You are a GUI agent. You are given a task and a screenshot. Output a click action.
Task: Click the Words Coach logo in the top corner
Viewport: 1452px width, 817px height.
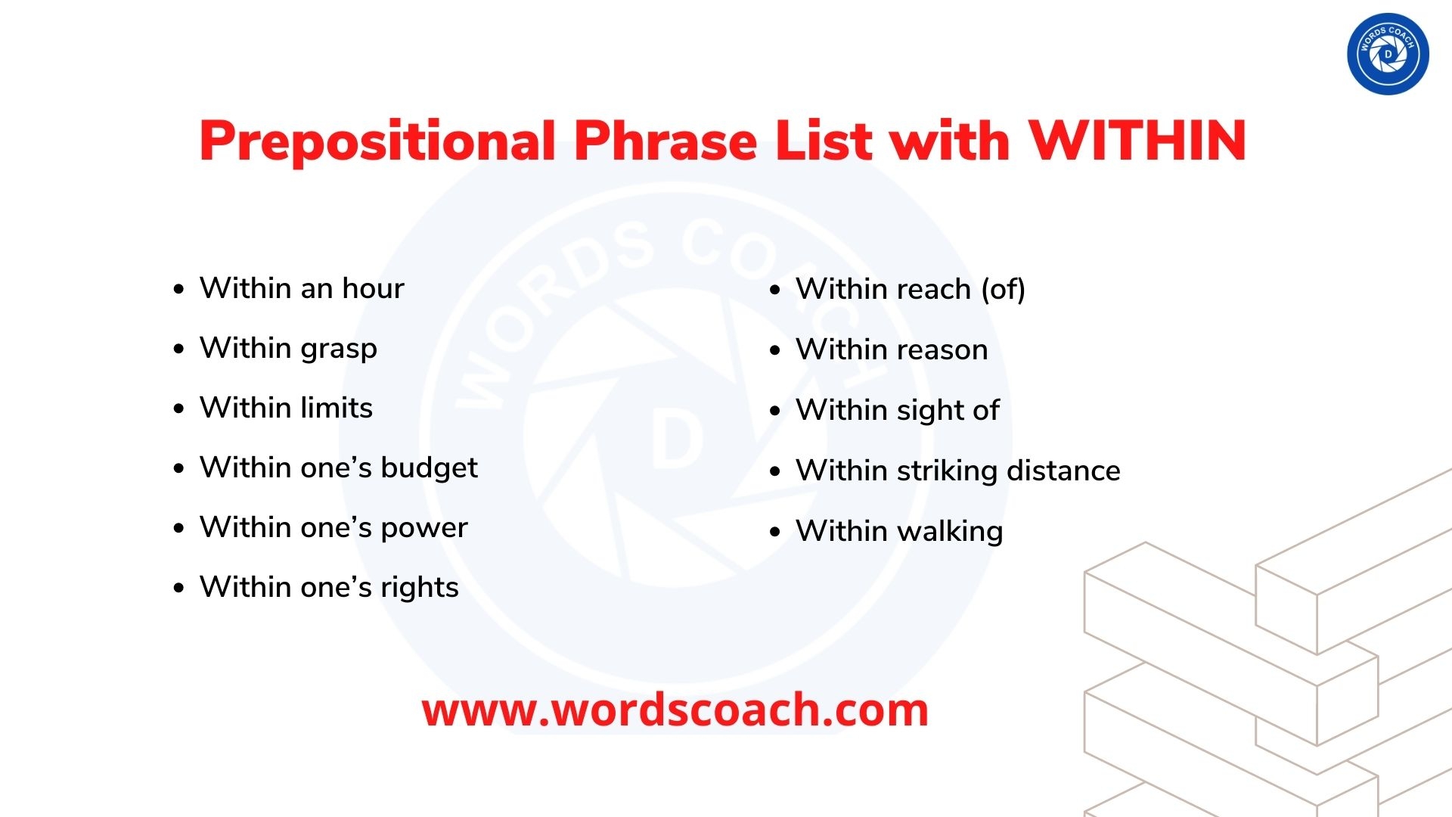point(1388,54)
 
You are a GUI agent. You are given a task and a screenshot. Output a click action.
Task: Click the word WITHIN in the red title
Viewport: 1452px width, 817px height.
point(1137,141)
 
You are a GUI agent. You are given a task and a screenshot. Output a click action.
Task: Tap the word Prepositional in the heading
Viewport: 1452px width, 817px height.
point(377,142)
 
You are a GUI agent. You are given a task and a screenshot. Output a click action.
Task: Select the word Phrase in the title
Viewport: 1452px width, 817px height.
point(665,141)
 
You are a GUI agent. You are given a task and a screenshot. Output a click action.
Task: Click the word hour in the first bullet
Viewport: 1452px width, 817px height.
point(373,288)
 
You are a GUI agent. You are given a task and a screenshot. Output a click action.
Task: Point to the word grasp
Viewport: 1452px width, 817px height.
point(338,349)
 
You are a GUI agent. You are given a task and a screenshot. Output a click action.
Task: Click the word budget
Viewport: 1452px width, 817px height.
point(429,468)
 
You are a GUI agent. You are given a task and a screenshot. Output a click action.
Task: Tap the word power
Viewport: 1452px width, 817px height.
point(423,528)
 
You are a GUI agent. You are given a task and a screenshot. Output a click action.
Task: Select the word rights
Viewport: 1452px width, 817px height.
point(419,588)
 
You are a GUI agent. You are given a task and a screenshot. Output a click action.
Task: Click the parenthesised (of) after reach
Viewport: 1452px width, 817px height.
point(1003,289)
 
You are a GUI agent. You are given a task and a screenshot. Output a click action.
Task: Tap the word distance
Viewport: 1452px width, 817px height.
point(1063,471)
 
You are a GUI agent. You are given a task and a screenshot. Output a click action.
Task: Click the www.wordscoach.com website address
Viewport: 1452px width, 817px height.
point(675,710)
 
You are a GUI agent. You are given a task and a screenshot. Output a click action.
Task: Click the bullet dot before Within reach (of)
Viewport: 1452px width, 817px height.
point(774,290)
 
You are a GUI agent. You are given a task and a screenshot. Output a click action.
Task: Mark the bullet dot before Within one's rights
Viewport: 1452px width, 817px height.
point(178,588)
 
